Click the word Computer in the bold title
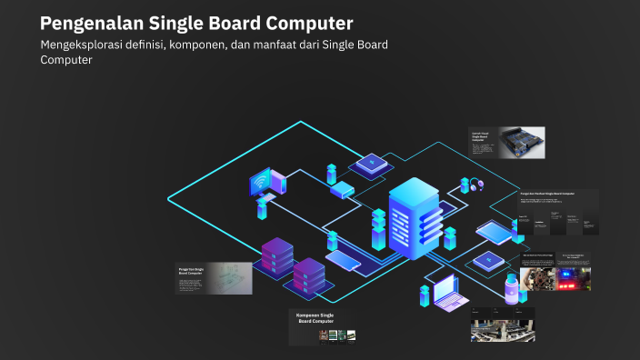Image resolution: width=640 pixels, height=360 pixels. click(306, 23)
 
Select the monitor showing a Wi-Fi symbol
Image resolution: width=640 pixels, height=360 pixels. click(266, 181)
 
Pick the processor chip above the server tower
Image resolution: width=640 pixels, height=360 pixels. click(369, 165)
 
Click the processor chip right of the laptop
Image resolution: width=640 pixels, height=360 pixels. click(487, 261)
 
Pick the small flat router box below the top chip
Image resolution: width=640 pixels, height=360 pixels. click(342, 190)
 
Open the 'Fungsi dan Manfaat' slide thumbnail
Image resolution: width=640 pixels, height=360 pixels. click(557, 214)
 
